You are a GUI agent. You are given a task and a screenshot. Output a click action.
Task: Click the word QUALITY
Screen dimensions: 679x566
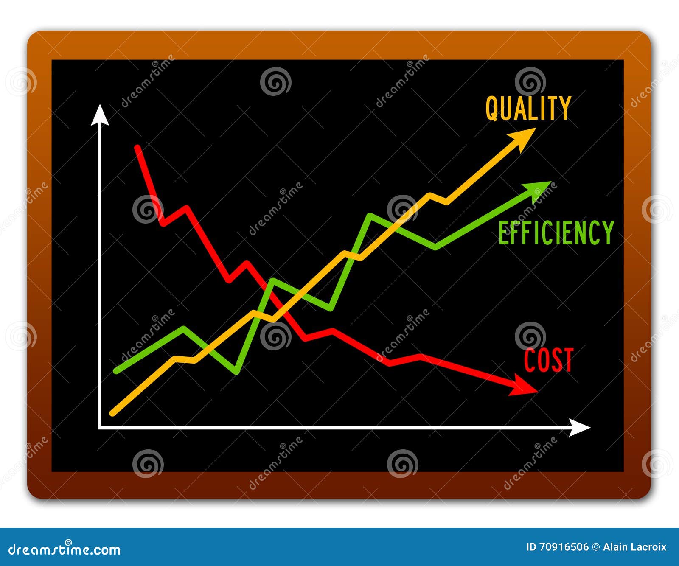(528, 109)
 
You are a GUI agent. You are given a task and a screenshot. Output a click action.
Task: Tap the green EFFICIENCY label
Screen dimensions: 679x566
(556, 233)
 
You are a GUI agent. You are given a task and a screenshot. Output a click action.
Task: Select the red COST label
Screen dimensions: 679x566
(548, 360)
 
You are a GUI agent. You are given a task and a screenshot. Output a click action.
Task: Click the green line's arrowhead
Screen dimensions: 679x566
(538, 190)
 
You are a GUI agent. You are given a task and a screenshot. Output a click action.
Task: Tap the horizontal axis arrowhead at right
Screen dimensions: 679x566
(579, 428)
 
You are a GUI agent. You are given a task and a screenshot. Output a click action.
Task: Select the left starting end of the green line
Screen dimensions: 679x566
(116, 372)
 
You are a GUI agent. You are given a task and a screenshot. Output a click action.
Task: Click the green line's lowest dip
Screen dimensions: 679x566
(236, 372)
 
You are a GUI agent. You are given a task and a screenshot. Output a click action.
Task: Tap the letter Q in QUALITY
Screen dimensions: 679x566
(492, 109)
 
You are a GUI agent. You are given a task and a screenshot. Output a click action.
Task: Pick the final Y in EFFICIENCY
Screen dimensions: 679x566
(609, 233)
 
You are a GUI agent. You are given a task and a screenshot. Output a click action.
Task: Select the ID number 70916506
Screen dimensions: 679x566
(564, 547)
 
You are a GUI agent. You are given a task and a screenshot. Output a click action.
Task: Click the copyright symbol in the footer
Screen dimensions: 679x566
(596, 547)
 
